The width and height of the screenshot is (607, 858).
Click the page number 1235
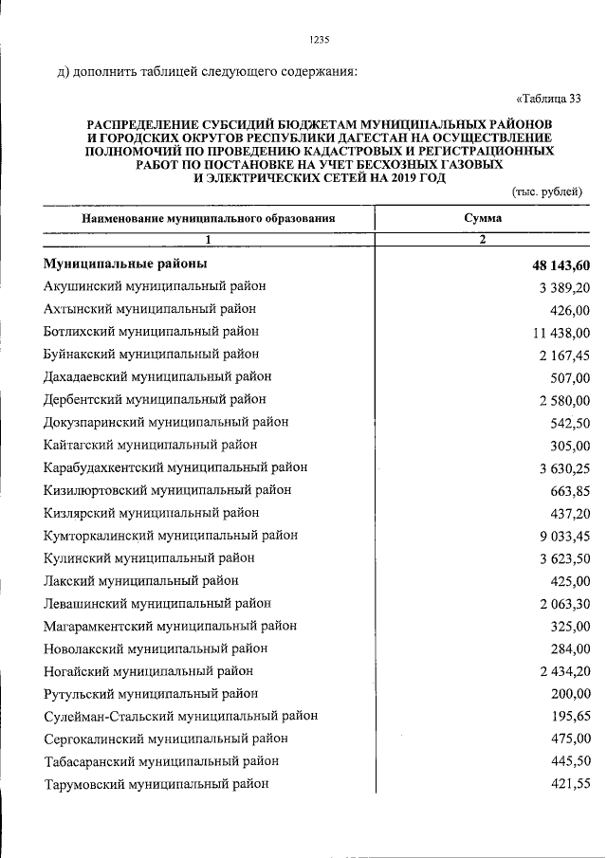[x=319, y=40]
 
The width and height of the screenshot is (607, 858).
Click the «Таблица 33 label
[x=548, y=98]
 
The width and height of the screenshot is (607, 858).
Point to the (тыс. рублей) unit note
[x=547, y=192]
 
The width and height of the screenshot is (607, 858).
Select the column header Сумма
[x=482, y=218]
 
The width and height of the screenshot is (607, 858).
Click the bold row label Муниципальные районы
[x=125, y=264]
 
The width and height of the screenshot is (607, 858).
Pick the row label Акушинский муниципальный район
[x=155, y=286]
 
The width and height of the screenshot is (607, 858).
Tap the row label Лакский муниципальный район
[x=141, y=580]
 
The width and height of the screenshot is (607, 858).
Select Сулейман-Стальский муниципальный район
[x=180, y=716]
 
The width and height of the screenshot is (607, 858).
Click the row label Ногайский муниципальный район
[x=148, y=671]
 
